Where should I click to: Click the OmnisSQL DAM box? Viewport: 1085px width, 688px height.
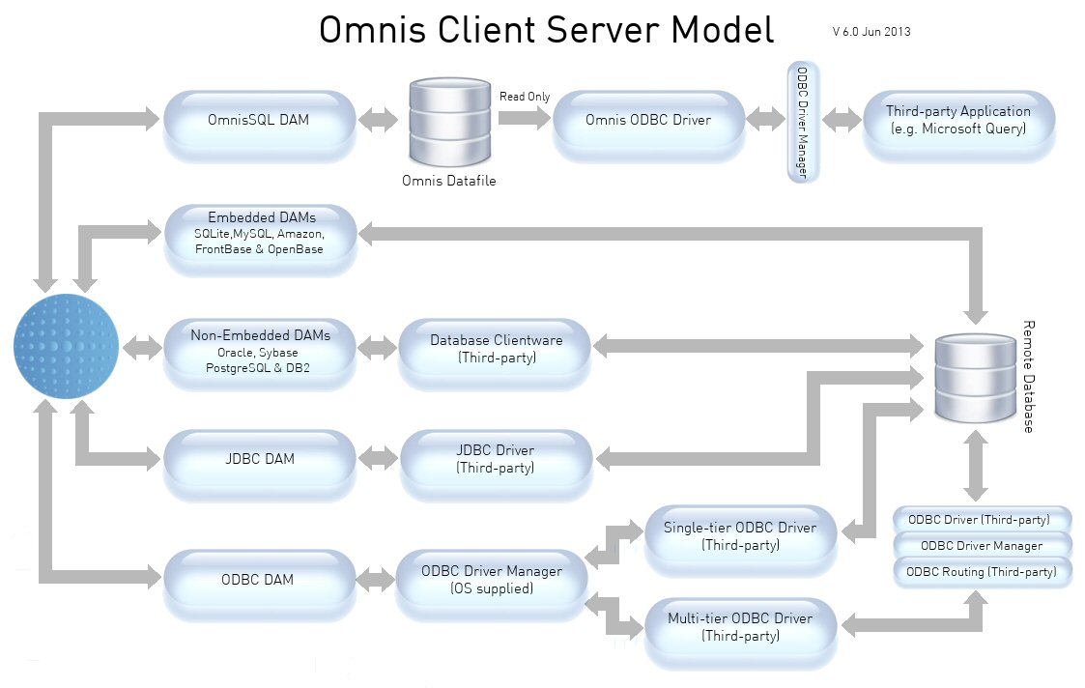[258, 121]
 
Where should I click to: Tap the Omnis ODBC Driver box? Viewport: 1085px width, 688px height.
[647, 121]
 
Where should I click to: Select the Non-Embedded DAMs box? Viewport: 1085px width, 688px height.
[260, 350]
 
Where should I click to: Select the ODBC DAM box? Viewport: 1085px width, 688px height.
[258, 580]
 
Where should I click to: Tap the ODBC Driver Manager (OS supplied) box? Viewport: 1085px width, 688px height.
[491, 579]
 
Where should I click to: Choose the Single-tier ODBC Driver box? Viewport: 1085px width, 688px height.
[739, 536]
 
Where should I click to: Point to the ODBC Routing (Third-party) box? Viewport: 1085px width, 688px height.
[982, 572]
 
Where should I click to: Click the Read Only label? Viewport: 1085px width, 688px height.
[525, 97]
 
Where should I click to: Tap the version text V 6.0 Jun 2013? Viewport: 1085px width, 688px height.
[871, 31]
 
